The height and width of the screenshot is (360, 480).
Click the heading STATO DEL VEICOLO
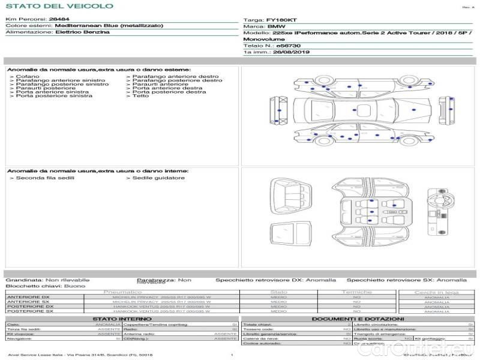pos(59,6)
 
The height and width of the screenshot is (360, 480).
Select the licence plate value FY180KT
pos(281,20)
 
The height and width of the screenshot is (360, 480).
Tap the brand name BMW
pos(276,26)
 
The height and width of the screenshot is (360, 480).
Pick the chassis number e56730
pos(288,46)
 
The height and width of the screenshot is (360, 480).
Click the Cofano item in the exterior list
pos(28,77)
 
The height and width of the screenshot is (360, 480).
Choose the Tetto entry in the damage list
pos(140,96)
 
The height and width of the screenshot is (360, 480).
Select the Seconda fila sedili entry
pos(40,178)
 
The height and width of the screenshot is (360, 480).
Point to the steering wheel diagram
pos(436,199)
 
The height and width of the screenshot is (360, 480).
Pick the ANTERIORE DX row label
pos(28,297)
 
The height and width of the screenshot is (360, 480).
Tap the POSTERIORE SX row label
pos(28,311)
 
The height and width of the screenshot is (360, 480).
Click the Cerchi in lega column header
pos(436,292)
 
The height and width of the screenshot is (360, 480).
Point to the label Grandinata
pos(24,280)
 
